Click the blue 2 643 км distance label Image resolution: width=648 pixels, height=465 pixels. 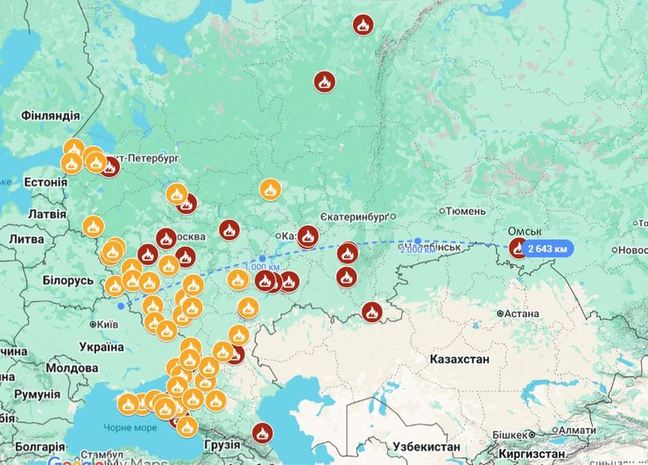tap(548, 249)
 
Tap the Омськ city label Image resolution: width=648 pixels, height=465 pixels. tap(531, 232)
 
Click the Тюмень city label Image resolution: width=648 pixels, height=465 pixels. tap(465, 211)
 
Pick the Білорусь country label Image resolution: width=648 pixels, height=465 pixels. tap(67, 280)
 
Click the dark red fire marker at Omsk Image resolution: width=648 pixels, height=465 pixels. tap(519, 249)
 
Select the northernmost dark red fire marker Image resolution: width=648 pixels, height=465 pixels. tap(363, 25)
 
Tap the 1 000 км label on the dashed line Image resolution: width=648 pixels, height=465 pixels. tap(262, 267)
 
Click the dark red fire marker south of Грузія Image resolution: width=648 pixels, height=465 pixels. tap(263, 433)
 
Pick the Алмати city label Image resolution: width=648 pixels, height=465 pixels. tap(576, 430)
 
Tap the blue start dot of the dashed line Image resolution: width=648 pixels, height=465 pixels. tap(120, 306)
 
